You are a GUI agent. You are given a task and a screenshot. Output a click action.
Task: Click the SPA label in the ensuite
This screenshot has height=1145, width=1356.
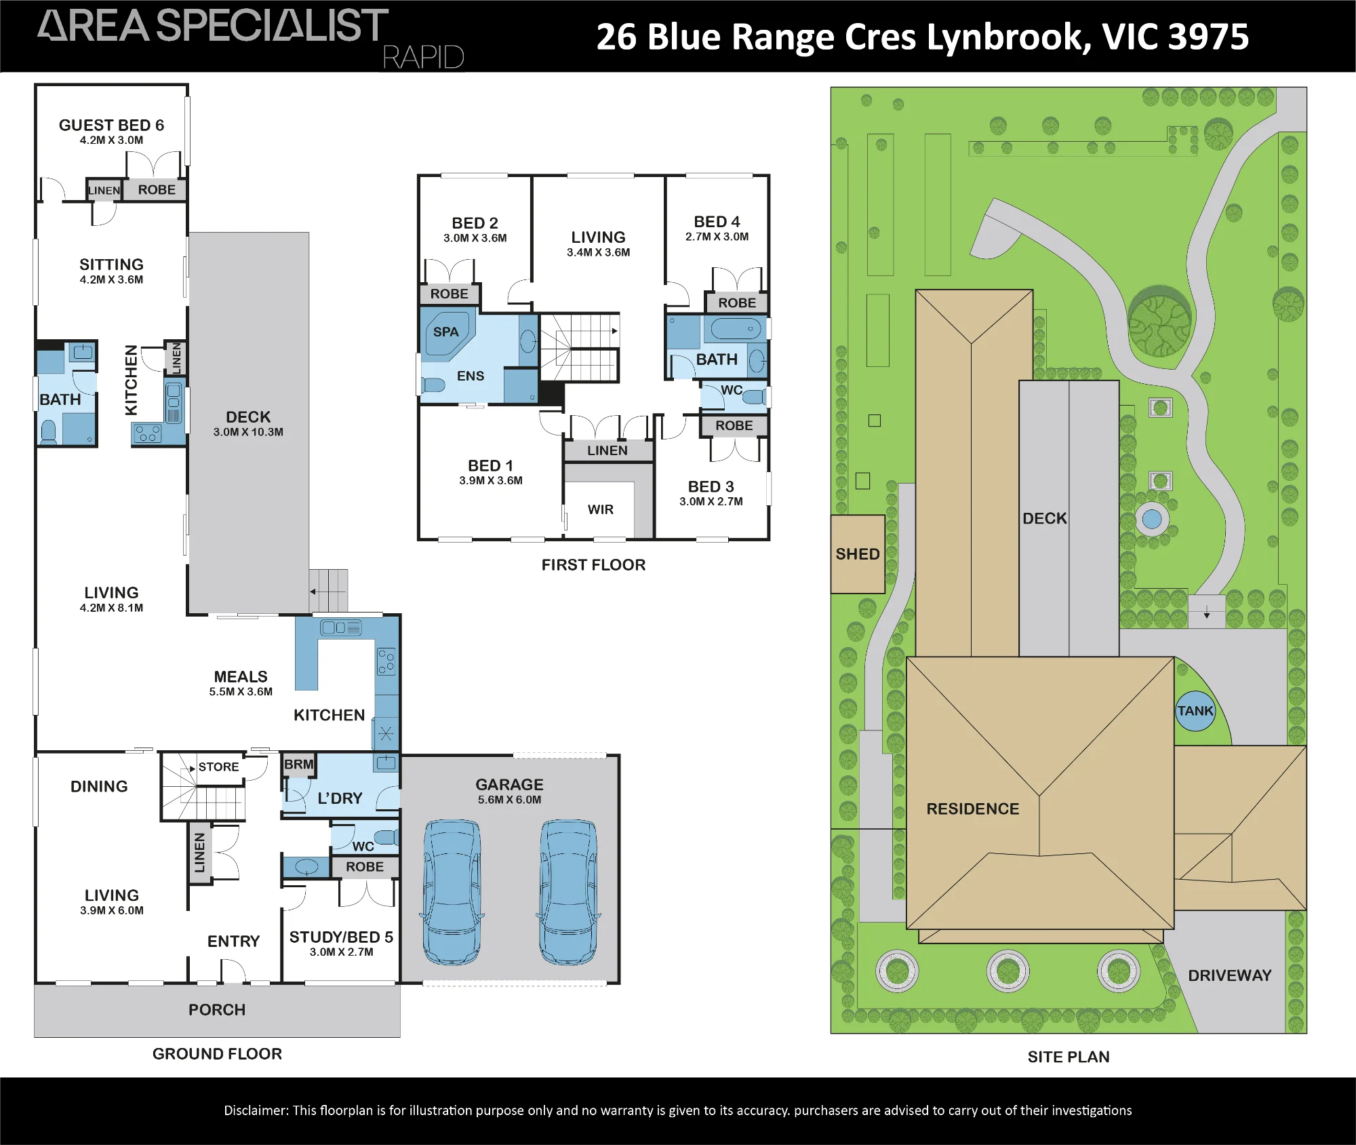tap(445, 332)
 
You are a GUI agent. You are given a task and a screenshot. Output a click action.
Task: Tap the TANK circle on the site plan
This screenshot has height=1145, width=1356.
tap(1195, 711)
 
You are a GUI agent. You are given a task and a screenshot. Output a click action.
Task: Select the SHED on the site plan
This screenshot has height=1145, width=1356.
tap(858, 554)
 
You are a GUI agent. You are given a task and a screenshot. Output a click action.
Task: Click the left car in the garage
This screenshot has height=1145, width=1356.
tap(452, 892)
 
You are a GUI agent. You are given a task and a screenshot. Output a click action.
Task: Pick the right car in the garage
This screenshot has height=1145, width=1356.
tap(568, 892)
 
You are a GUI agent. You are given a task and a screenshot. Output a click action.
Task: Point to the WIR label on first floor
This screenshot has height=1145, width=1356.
tap(601, 509)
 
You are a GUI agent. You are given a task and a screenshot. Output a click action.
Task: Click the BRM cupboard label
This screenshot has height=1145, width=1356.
tap(298, 764)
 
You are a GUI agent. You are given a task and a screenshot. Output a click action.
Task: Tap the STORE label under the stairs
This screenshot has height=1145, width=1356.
tap(218, 767)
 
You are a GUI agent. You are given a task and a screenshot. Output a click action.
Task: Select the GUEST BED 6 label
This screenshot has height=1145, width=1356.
tap(111, 125)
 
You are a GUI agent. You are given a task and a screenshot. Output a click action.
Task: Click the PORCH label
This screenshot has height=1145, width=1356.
tap(217, 1010)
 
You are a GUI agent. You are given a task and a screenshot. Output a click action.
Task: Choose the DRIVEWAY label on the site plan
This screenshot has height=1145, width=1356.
tap(1229, 975)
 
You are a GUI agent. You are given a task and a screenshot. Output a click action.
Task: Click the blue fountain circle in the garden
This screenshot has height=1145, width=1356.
tap(1152, 520)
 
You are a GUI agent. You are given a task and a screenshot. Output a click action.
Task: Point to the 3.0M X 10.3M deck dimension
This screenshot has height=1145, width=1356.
tap(248, 432)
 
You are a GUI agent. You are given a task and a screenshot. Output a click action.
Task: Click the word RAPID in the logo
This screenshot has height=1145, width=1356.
tap(423, 58)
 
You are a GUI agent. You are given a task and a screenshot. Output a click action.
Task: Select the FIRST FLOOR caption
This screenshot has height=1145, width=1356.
tap(593, 565)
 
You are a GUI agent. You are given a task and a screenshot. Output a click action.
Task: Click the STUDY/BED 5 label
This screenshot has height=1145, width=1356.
tap(341, 937)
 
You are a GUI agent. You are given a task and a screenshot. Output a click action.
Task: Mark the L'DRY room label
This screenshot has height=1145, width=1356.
tap(340, 798)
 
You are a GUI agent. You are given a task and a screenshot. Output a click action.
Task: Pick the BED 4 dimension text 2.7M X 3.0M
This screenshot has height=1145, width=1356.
tap(717, 237)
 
